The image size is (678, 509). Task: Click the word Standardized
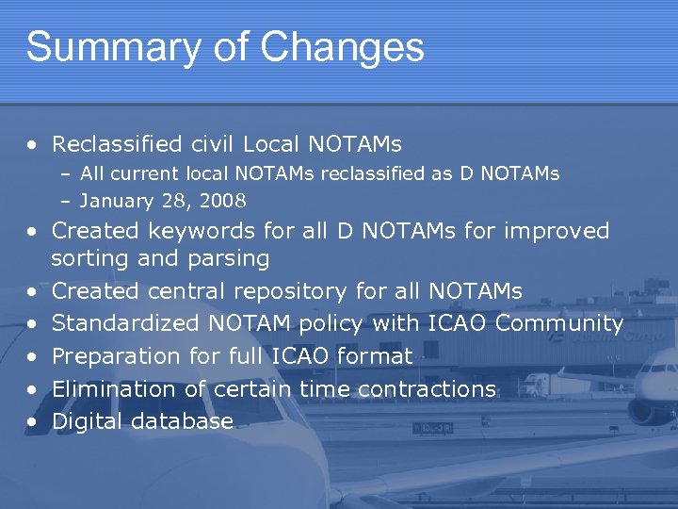[x=125, y=323]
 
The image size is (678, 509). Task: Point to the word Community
[x=559, y=323]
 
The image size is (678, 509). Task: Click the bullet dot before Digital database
[x=33, y=422]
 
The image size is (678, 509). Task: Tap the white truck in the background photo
[x=542, y=384]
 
